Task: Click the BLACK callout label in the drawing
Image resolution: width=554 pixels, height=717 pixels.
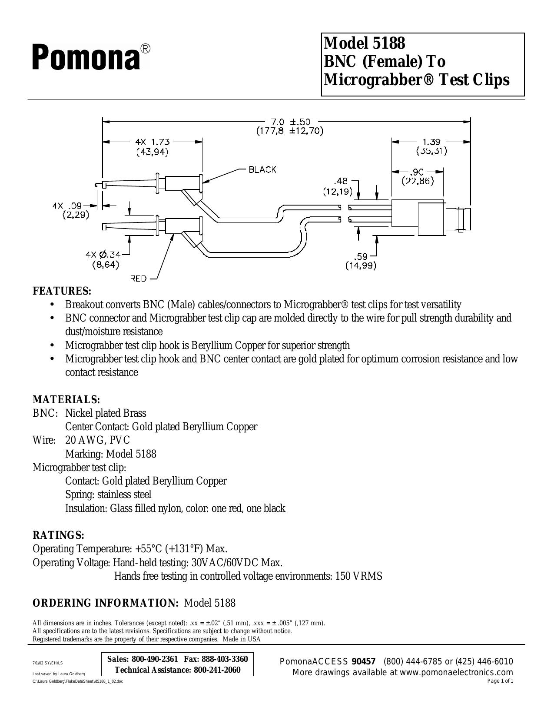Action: click(x=262, y=169)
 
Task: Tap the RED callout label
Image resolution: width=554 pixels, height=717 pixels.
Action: click(x=138, y=279)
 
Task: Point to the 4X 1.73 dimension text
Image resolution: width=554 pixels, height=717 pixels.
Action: click(x=153, y=142)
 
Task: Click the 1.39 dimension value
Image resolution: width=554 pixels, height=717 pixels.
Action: click(x=431, y=142)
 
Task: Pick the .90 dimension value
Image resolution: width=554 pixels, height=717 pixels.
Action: click(x=418, y=172)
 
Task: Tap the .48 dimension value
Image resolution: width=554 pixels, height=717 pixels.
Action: click(x=341, y=181)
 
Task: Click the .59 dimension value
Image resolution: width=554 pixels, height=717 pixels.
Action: click(x=361, y=256)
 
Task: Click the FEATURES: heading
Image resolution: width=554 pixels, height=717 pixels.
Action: click(x=62, y=291)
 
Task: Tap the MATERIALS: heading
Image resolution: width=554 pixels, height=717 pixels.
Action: click(x=66, y=400)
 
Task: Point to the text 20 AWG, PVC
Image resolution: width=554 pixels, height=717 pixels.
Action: click(x=98, y=440)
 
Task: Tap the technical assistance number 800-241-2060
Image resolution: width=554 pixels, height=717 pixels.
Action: click(x=217, y=670)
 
